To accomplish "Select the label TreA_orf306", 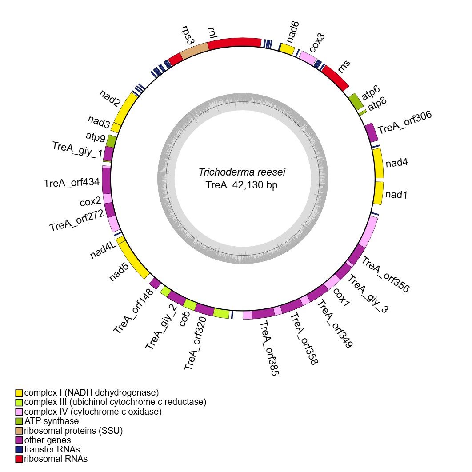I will [404, 123].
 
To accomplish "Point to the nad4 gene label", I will [397, 163].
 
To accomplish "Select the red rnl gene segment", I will [234, 43].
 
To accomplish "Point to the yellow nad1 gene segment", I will [379, 193].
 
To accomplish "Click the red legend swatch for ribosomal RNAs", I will [19, 459].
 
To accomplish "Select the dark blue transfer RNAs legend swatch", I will [19, 449].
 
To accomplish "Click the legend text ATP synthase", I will [52, 421].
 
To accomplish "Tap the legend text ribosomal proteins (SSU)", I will [73, 430].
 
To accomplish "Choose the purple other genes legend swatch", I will [19, 440].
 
